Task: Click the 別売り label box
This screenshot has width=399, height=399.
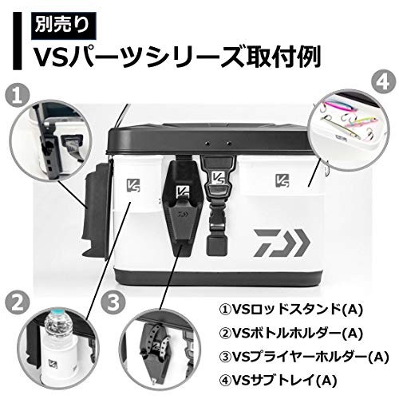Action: tap(63, 26)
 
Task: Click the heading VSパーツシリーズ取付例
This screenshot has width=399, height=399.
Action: tap(176, 57)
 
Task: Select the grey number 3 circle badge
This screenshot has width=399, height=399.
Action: tap(113, 302)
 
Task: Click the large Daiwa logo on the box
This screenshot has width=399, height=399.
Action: tap(282, 243)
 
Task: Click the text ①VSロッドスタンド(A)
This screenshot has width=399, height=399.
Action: tap(291, 309)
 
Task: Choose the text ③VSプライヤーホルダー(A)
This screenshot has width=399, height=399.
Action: tap(304, 357)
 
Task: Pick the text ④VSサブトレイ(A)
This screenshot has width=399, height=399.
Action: tap(278, 381)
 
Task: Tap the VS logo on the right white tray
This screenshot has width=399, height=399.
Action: tap(282, 180)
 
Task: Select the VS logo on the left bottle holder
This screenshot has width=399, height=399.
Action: tap(133, 185)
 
